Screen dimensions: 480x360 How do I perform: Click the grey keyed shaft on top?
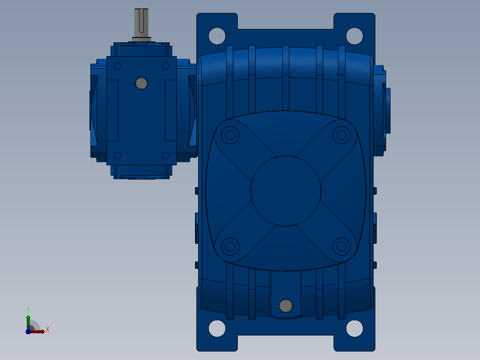[142, 25]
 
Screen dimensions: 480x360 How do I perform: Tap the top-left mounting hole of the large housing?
[217, 36]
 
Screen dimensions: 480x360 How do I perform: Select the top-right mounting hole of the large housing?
[354, 36]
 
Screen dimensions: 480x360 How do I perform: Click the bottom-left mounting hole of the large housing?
[217, 328]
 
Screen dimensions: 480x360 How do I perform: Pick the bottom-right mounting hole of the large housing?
[354, 328]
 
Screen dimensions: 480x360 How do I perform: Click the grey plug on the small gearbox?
[142, 83]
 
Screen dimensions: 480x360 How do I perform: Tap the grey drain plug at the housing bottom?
[285, 306]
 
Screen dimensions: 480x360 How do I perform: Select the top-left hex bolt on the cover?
[230, 135]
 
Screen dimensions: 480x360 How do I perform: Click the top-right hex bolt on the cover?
[342, 135]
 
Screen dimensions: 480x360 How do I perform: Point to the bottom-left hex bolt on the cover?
[230, 246]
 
